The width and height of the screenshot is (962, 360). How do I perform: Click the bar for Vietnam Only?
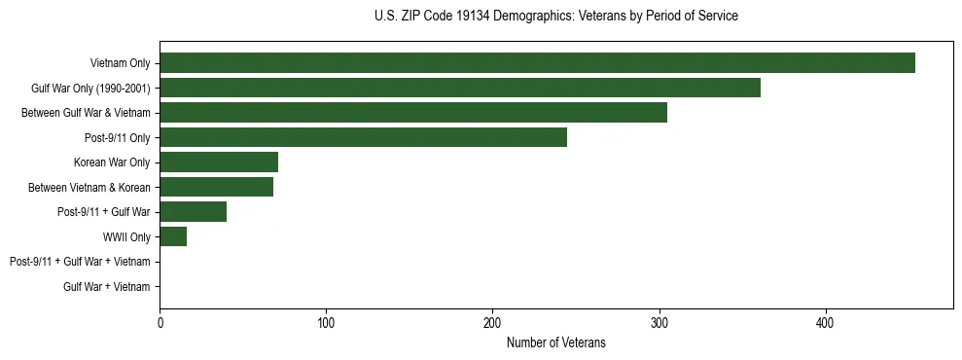pos(537,63)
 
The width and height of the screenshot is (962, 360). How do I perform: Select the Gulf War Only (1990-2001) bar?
pos(459,88)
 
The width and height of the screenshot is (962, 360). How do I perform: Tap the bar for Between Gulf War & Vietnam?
pos(412,113)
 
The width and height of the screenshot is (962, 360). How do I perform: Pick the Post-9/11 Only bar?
pos(363,137)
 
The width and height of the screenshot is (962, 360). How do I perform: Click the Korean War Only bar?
pos(219,162)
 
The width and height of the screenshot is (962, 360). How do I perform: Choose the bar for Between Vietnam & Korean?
pos(216,187)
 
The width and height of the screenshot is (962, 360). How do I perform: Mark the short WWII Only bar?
pos(173,236)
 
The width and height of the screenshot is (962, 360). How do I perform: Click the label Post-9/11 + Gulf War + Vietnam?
pos(80,262)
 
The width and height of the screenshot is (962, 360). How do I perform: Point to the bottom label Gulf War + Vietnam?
pos(106,287)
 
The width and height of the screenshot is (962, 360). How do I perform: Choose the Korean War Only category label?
pos(112,162)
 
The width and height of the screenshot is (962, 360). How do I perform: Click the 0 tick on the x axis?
pos(160,322)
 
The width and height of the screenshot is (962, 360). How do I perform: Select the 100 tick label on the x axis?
pos(326,322)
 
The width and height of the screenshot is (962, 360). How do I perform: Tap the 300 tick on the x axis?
pos(659,322)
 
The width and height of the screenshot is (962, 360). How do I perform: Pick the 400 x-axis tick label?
pos(825,322)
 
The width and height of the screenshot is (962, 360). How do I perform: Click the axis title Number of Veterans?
pos(555,342)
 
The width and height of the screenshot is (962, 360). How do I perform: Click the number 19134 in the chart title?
pos(471,17)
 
